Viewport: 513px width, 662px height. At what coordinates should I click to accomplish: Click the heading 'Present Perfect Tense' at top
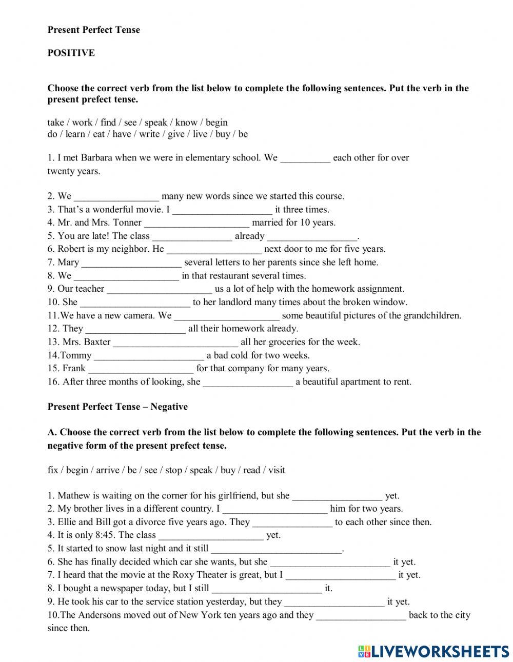(93, 30)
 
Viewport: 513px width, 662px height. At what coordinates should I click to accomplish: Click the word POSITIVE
(71, 53)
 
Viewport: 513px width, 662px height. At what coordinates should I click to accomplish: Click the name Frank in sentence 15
(74, 369)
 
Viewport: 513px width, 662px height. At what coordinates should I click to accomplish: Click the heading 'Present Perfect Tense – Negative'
(117, 407)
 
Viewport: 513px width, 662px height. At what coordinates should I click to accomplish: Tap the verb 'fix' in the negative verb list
(52, 470)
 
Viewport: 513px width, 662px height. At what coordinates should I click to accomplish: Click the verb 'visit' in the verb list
(276, 470)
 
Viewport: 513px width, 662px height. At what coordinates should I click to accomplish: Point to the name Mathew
(74, 496)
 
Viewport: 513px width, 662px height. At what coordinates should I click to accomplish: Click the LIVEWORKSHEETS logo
(433, 651)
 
